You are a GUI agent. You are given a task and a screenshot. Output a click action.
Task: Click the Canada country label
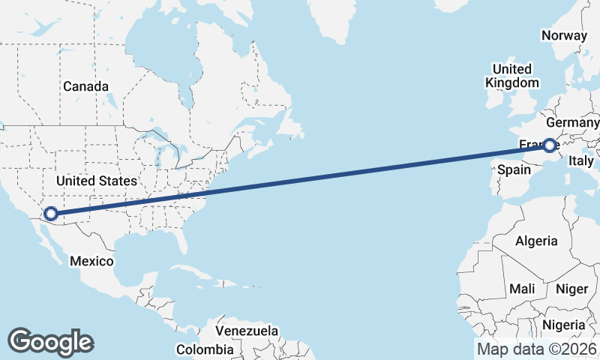pos(85,86)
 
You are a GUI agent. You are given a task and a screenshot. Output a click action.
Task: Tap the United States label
pos(97,181)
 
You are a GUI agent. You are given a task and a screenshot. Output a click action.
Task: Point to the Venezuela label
pos(247,331)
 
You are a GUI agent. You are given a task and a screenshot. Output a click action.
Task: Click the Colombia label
pos(205,349)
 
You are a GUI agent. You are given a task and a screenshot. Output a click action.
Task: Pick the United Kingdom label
pos(512,76)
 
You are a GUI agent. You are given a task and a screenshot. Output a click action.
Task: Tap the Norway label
pos(563,35)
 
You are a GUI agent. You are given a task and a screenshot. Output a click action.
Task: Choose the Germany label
pos(573,122)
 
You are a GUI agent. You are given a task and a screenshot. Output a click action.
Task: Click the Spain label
pos(514,169)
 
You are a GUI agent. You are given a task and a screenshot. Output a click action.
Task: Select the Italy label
pos(581,160)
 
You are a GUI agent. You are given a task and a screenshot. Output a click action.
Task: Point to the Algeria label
pos(536,241)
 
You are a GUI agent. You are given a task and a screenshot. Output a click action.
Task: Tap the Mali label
pos(522,289)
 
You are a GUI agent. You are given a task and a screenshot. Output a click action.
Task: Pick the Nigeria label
pos(564,325)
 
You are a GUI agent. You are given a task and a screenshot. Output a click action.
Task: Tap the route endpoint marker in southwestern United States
pos(51,214)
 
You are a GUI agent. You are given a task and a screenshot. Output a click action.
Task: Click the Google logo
pos(51,341)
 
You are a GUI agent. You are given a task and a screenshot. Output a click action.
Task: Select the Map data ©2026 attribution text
pos(537,349)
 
